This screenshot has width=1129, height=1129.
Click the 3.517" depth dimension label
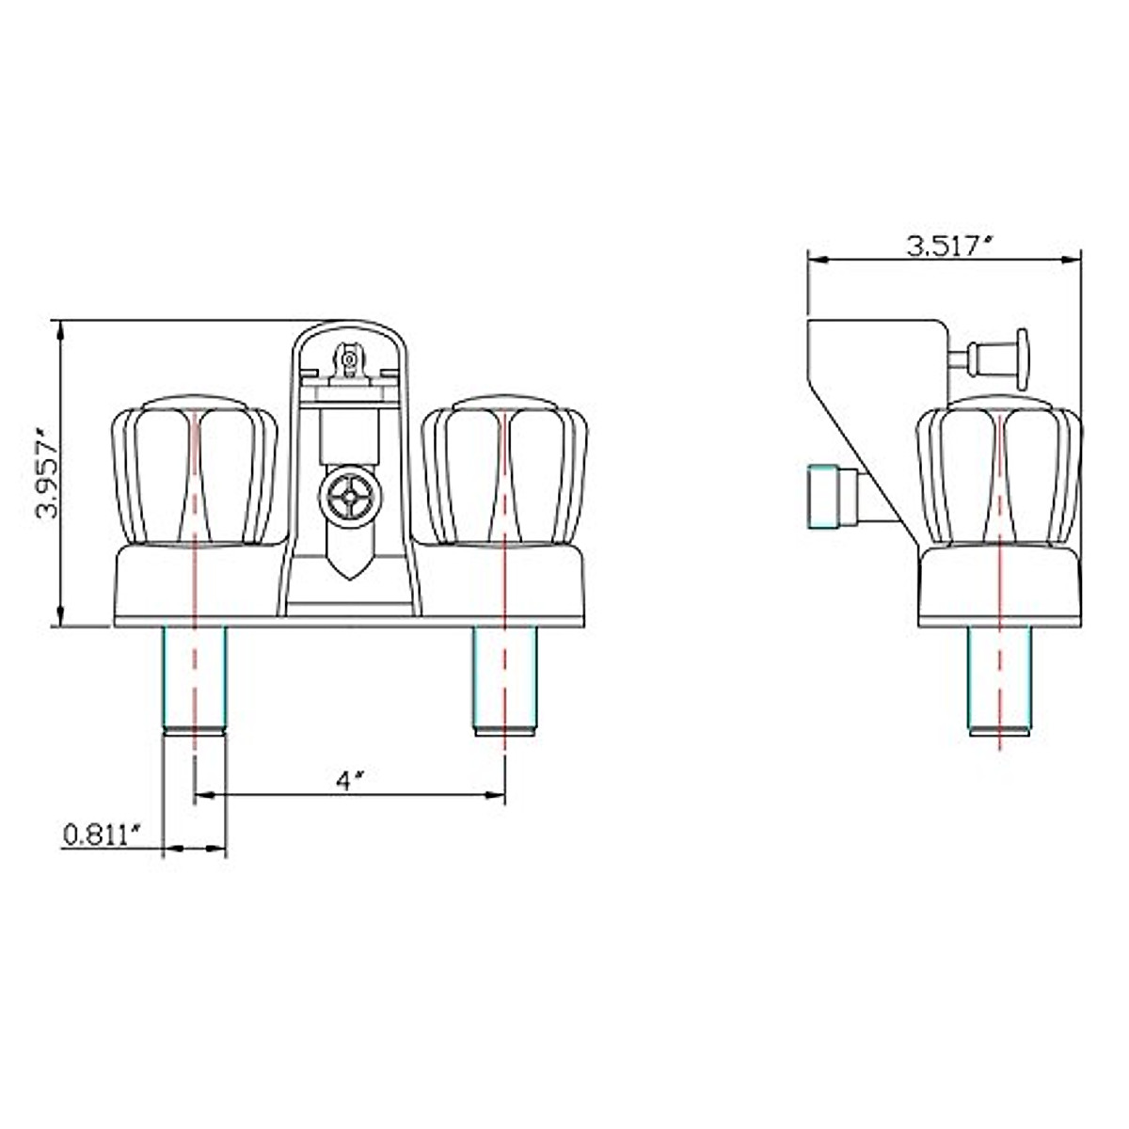(949, 246)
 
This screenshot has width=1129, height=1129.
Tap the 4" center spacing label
(350, 780)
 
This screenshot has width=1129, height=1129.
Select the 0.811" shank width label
(103, 835)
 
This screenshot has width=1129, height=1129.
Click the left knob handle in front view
(194, 470)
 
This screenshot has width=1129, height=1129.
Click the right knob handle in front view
(504, 470)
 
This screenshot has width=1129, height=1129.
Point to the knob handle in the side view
(999, 470)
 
